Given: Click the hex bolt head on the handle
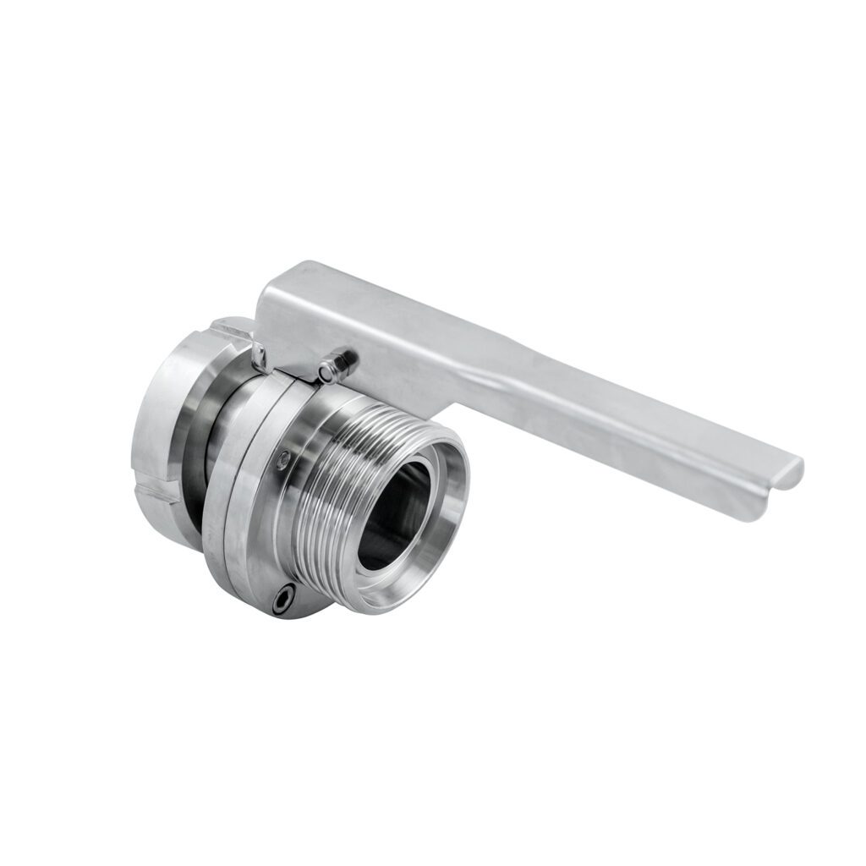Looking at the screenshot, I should tap(339, 365).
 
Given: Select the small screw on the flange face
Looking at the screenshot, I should tap(282, 459).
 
